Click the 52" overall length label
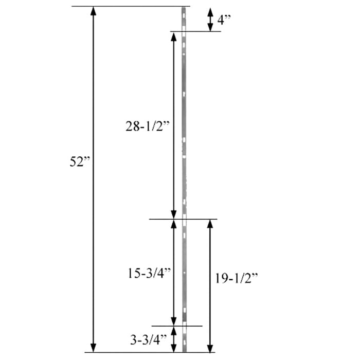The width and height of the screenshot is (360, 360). click(x=80, y=161)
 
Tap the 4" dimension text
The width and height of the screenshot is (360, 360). click(x=224, y=20)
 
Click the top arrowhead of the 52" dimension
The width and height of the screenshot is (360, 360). click(x=93, y=11)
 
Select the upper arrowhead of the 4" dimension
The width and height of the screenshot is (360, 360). click(x=210, y=11)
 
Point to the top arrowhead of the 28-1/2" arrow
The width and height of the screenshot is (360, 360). click(x=174, y=37)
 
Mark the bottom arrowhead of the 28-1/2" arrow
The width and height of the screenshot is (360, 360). click(x=174, y=214)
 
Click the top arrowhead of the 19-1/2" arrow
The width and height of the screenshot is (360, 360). click(x=209, y=224)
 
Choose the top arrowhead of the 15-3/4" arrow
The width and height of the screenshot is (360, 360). click(x=174, y=224)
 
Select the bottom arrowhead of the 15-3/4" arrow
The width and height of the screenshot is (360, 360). click(x=174, y=320)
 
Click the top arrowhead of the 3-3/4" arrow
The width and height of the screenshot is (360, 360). click(x=174, y=331)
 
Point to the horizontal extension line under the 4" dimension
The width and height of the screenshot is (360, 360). click(x=195, y=31)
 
